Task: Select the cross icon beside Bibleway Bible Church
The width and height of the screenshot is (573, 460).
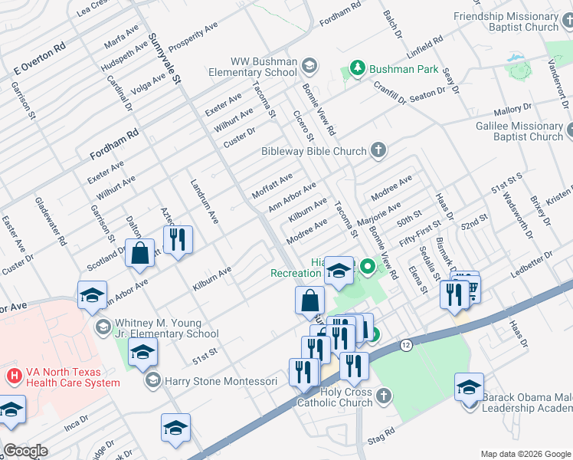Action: [x=378, y=150]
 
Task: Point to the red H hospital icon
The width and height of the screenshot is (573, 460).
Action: [x=13, y=376]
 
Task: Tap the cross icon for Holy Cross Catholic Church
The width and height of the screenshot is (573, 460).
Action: [x=384, y=396]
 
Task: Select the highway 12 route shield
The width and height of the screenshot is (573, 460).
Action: [x=405, y=346]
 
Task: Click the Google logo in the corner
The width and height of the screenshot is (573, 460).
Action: [x=25, y=451]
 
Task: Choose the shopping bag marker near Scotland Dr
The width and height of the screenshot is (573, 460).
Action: [x=141, y=254]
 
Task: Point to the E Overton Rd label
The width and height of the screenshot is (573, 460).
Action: [x=41, y=60]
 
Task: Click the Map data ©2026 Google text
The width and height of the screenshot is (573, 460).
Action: [x=526, y=454]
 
